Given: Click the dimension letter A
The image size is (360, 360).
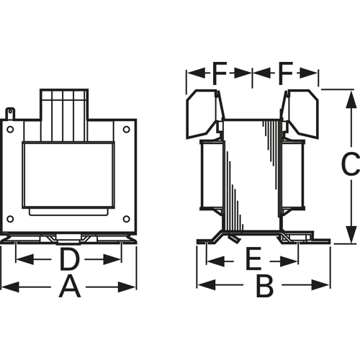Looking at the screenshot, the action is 70,287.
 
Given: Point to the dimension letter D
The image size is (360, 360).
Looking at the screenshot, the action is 69,259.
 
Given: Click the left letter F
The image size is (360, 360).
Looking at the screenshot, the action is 220,73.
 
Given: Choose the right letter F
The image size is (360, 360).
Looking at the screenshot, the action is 286,73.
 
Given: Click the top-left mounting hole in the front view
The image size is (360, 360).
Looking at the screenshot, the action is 10,130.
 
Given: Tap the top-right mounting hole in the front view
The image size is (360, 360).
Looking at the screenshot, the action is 127,130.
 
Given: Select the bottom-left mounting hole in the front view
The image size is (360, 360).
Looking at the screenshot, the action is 10,219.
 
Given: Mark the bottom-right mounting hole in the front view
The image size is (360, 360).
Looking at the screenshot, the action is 127,219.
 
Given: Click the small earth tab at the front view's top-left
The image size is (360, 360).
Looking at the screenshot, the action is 10,113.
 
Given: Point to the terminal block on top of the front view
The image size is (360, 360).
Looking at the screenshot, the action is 64,114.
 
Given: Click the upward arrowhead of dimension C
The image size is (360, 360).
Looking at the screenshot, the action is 351,99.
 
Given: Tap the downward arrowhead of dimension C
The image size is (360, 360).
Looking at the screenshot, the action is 351,234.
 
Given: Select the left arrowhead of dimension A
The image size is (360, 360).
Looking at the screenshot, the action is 10,287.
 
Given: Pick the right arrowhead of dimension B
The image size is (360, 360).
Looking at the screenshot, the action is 320,285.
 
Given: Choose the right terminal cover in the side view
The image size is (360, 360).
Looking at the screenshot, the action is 300,114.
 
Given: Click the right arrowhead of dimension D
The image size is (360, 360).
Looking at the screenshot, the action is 112,259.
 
